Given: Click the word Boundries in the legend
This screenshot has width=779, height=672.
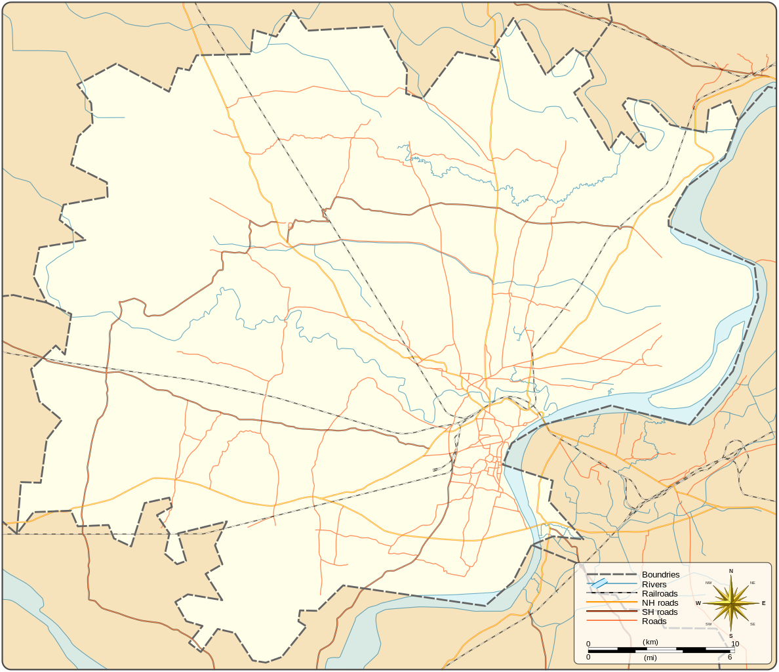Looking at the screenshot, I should click(660, 575).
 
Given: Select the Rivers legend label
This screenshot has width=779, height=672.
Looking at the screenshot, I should click(654, 585).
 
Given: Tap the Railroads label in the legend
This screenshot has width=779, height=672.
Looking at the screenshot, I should click(660, 594).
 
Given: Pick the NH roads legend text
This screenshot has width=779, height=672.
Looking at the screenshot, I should click(660, 603).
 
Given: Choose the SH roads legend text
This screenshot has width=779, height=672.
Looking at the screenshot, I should click(660, 612).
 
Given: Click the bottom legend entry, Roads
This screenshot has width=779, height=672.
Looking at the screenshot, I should click(654, 621).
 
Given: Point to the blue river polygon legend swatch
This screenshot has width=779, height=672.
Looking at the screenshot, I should click(599, 583).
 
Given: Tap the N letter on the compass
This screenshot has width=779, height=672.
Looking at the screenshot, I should click(731, 571).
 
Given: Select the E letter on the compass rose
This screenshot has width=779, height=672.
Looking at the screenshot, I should click(763, 603).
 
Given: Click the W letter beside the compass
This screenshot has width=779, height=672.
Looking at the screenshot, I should click(698, 603).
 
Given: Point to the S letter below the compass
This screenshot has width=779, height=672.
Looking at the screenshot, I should click(731, 636).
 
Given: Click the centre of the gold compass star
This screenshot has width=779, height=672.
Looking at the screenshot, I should click(731, 603).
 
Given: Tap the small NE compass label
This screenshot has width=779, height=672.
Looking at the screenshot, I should click(752, 583).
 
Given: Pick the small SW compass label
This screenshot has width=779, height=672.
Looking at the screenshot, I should click(709, 624).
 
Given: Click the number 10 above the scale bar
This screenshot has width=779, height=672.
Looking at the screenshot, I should click(735, 644).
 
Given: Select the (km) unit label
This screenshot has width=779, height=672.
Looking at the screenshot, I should click(650, 642).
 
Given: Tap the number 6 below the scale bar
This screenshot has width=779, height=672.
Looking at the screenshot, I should click(730, 657).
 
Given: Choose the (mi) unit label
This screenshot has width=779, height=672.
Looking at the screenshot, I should click(650, 657).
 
